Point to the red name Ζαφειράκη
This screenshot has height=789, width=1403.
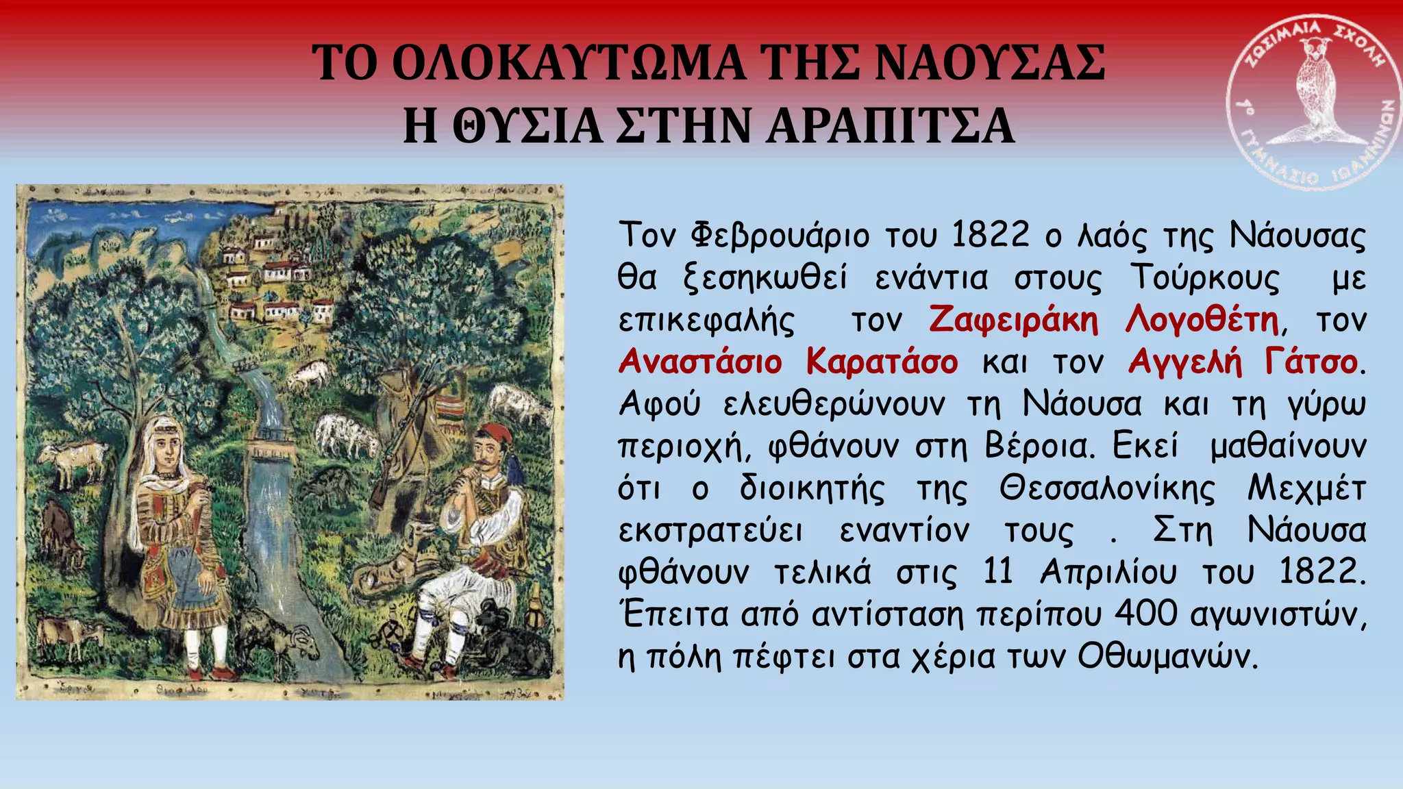(1013, 320)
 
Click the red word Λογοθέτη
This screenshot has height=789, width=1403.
(1202, 320)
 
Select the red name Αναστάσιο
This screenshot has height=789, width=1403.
(699, 362)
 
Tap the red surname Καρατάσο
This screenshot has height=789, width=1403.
(882, 362)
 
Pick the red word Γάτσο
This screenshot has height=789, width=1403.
(1311, 362)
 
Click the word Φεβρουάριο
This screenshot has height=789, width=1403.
(779, 236)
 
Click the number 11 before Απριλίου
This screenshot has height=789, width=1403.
(997, 572)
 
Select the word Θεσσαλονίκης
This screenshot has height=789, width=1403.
(1107, 488)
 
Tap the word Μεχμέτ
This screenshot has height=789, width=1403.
(1306, 488)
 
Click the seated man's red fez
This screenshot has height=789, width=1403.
(493, 434)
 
